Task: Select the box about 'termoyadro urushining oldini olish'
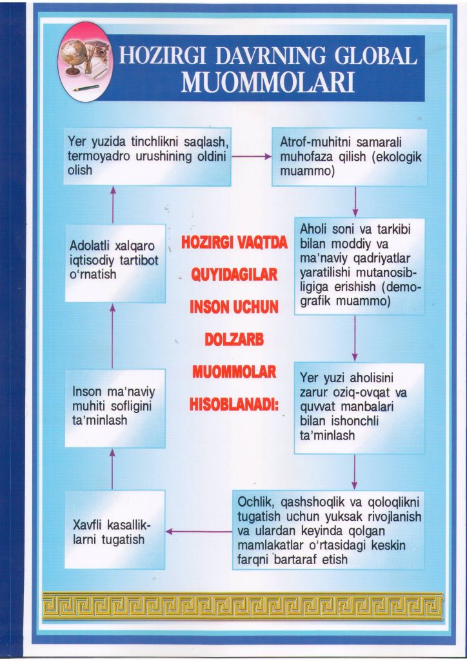coord(148,157)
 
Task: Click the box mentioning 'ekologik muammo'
coord(349,157)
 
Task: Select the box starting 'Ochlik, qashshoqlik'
coord(328,529)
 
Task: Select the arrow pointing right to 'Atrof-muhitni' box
coord(251,156)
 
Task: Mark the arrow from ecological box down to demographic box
coord(355,202)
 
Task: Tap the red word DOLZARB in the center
coord(234,341)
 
